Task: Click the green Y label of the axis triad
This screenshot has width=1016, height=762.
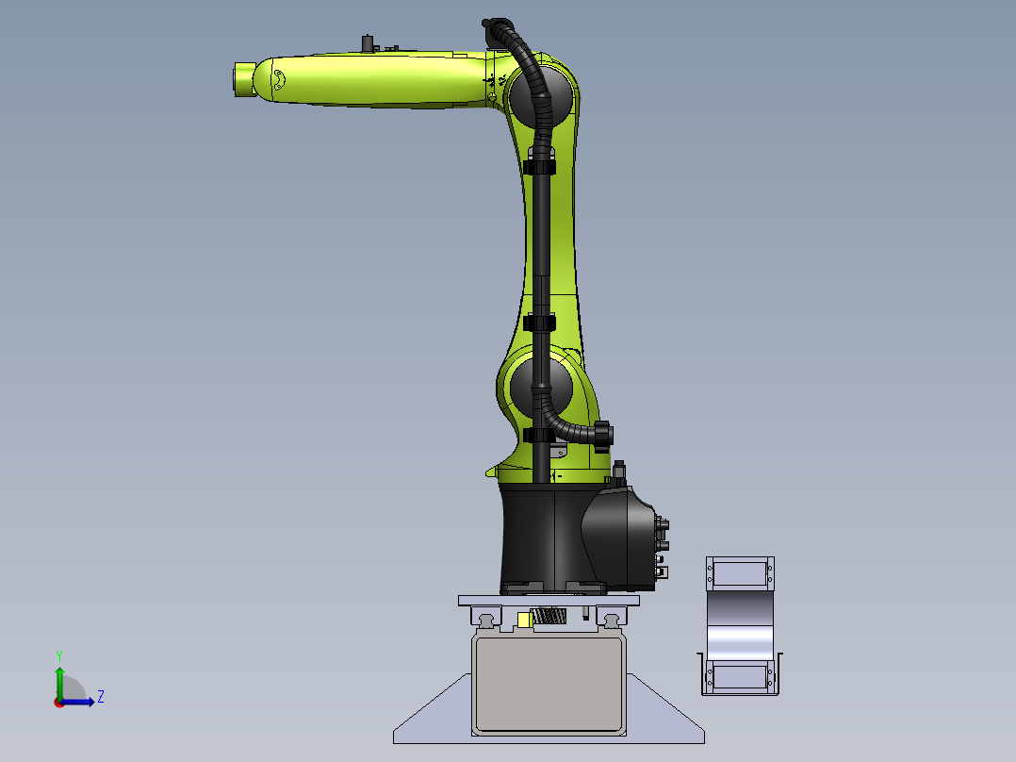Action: point(59,656)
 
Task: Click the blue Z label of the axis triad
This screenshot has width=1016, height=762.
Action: point(101,697)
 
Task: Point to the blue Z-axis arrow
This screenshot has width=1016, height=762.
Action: point(77,702)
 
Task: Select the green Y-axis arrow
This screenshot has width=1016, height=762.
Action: point(59,684)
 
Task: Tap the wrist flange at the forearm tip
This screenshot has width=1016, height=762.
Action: point(243,79)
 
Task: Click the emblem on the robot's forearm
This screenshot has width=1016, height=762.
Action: point(279,79)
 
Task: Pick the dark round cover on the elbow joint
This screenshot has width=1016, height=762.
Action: point(541,94)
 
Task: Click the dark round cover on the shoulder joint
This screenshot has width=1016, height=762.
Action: point(541,389)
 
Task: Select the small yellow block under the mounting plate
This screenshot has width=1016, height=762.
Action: point(525,621)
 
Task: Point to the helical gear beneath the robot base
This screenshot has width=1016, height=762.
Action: point(549,616)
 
